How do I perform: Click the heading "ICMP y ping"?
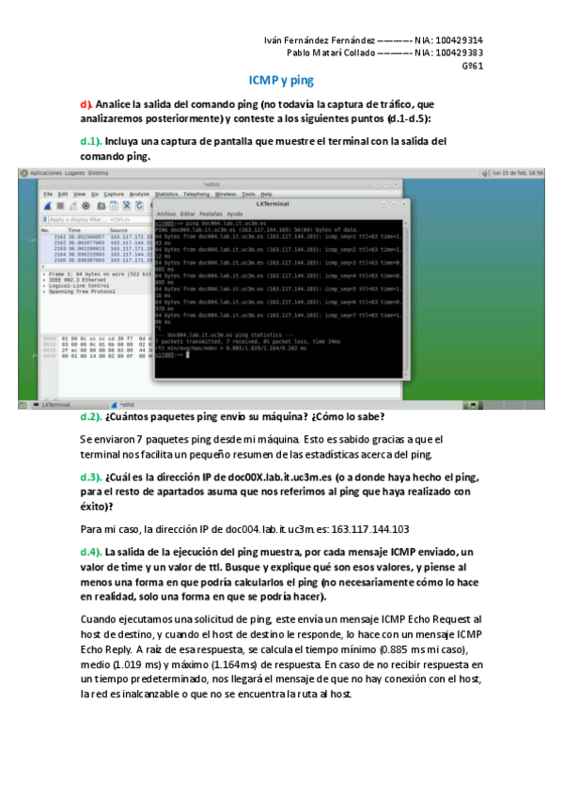point(281,82)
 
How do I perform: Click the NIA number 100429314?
point(461,40)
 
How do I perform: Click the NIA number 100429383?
point(461,54)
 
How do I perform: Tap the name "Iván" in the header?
point(275,40)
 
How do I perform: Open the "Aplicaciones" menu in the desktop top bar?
point(46,174)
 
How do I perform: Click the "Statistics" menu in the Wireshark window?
point(167,194)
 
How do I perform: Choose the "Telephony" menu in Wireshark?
point(196,194)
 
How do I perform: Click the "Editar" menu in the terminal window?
point(190,214)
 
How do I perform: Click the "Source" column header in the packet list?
point(119,229)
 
